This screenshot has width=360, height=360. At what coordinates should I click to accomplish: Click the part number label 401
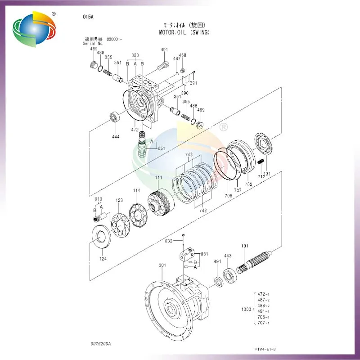164,50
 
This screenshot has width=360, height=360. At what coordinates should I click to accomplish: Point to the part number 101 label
245,246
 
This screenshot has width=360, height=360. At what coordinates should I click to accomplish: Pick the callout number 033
168,241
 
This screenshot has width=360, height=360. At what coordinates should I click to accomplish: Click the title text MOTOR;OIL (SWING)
184,32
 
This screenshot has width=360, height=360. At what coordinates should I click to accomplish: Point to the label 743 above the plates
189,154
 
